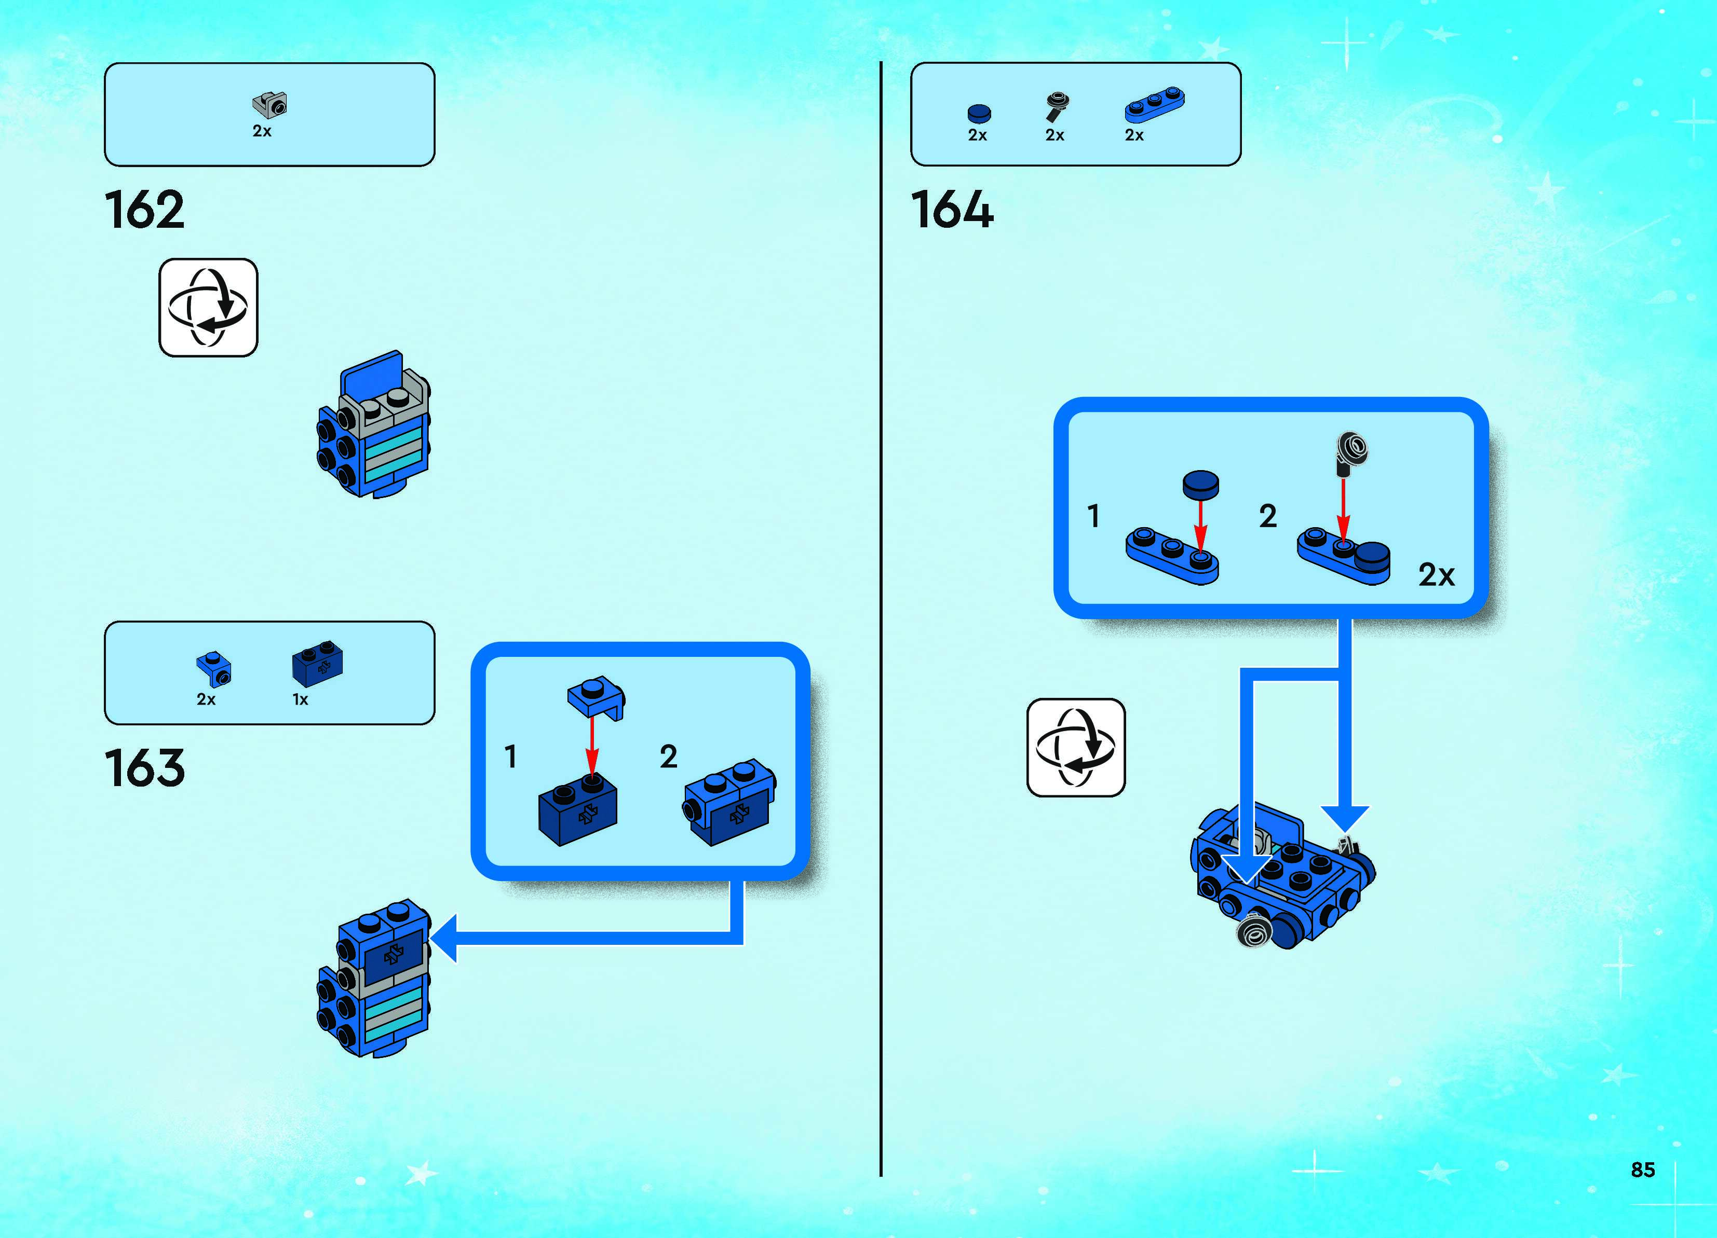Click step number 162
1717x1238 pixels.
coord(144,210)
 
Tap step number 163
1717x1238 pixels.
coord(144,768)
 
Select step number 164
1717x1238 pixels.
coord(952,210)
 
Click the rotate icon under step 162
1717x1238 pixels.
coord(208,307)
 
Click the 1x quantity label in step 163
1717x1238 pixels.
coord(301,699)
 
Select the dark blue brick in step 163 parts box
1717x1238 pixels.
coord(317,663)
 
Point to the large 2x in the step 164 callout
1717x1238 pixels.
coord(1436,575)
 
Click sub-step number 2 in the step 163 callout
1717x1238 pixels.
coord(668,756)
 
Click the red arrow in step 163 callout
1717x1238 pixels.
coord(592,746)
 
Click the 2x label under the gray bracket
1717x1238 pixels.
coord(262,131)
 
